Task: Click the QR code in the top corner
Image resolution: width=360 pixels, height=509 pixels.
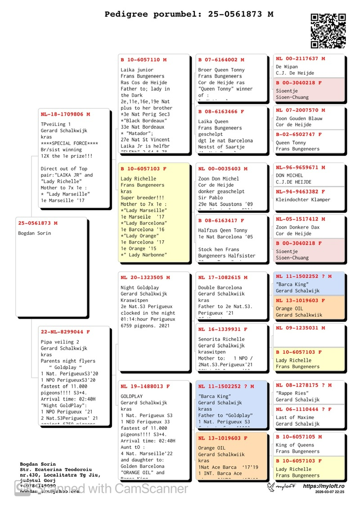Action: click(328, 31)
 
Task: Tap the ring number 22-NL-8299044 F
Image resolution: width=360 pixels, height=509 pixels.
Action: click(65, 332)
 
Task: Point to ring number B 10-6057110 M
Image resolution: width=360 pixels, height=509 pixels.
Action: click(143, 60)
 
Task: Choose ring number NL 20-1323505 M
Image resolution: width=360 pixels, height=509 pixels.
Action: click(145, 278)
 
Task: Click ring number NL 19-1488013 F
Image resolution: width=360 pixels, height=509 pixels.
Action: click(145, 387)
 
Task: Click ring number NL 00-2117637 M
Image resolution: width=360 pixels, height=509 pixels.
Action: click(301, 59)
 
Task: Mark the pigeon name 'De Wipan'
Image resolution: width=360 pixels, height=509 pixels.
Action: click(287, 67)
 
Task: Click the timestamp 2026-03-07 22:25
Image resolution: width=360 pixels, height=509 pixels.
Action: click(330, 492)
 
